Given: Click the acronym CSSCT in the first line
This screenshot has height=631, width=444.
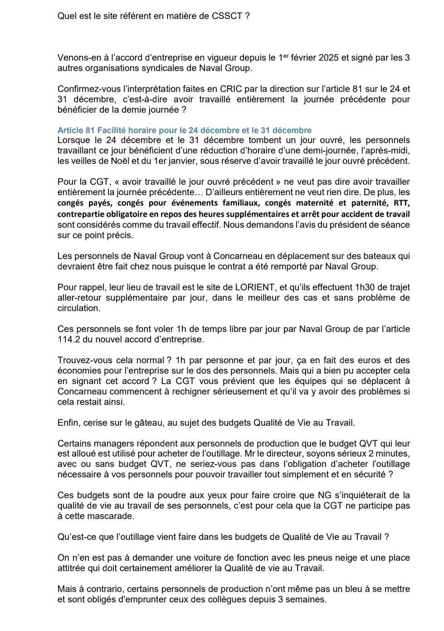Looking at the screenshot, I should click(x=228, y=16).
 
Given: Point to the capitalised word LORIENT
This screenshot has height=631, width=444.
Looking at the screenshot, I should click(x=255, y=287).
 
